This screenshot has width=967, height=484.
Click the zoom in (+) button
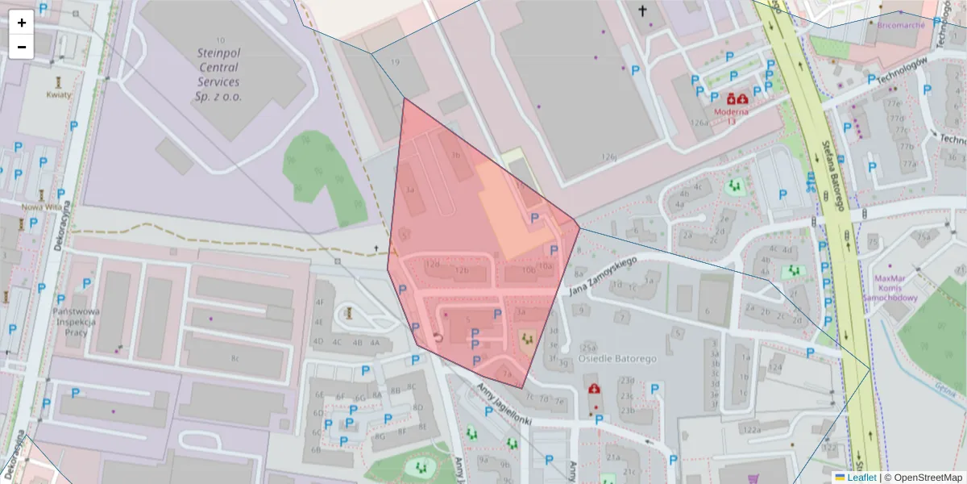[x=22, y=23]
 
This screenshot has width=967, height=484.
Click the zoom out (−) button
[x=22, y=47]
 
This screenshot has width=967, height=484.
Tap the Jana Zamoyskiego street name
[x=603, y=275]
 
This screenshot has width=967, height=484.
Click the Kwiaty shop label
[x=59, y=94]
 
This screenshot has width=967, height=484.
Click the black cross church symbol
[x=642, y=11]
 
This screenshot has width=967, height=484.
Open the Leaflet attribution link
[x=861, y=478]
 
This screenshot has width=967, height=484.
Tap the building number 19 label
[x=395, y=62]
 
